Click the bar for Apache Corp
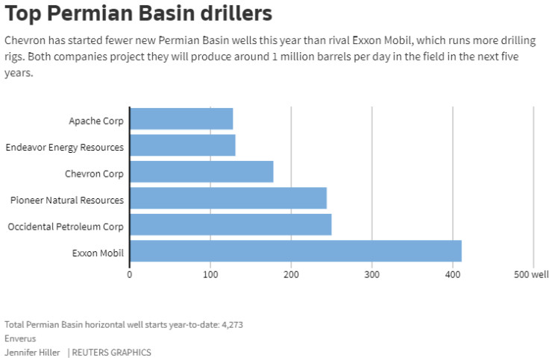(x=181, y=119)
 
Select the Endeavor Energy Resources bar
(x=183, y=145)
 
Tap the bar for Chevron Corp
(x=201, y=172)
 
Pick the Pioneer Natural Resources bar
(x=228, y=198)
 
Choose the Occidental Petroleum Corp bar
(x=230, y=225)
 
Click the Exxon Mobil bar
(x=295, y=251)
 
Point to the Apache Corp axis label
(x=96, y=121)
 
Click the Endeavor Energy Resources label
(x=64, y=148)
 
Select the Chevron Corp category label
(x=95, y=174)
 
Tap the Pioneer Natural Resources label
(x=67, y=200)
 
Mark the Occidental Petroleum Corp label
(x=66, y=227)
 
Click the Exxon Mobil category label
(x=98, y=253)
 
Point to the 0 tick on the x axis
(x=130, y=275)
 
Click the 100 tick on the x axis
(x=210, y=275)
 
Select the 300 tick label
(x=371, y=275)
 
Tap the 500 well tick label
(x=530, y=275)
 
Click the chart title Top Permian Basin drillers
(x=138, y=13)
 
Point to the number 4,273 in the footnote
(x=232, y=325)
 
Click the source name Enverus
(x=21, y=338)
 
